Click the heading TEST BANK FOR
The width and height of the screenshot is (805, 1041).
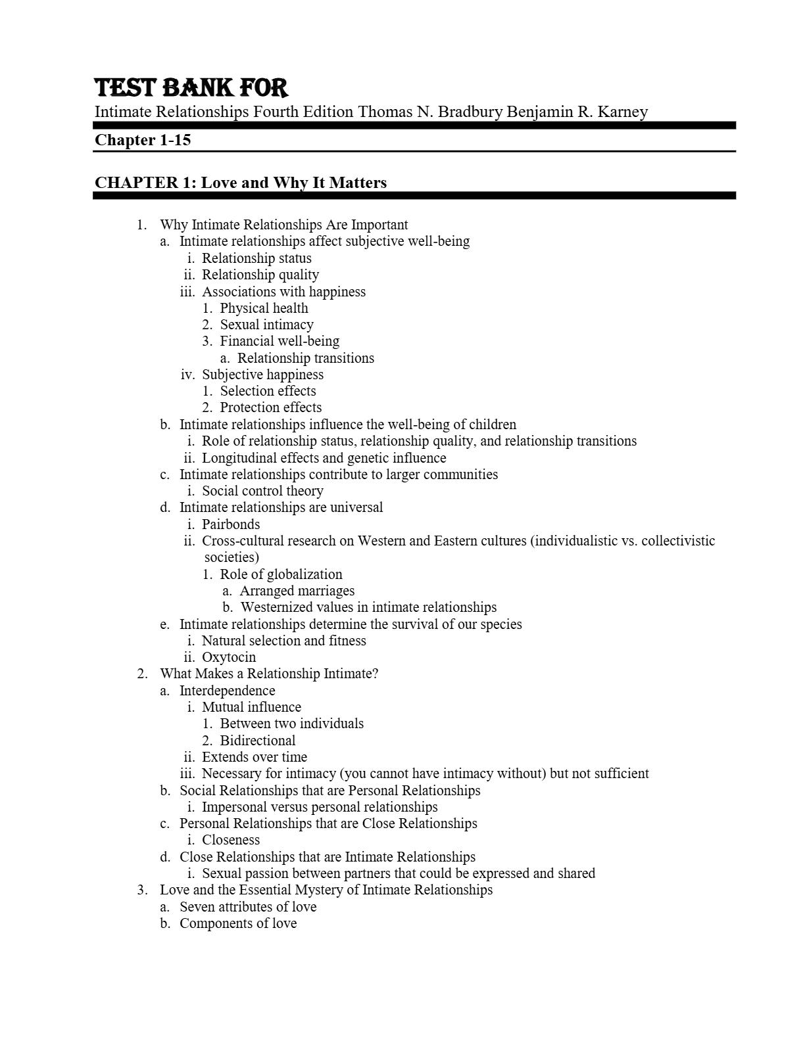pyautogui.click(x=191, y=88)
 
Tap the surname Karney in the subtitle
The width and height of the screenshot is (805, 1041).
pyautogui.click(x=622, y=112)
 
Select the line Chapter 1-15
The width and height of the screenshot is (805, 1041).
pyautogui.click(x=143, y=140)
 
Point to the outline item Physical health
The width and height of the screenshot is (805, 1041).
pyautogui.click(x=264, y=308)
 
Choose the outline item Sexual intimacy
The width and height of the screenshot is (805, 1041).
pyautogui.click(x=266, y=325)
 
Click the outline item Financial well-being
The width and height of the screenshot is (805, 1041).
pyautogui.click(x=280, y=341)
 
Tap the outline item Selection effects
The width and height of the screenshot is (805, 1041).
pyautogui.click(x=268, y=391)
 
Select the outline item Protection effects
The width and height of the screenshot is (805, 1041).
pyautogui.click(x=270, y=407)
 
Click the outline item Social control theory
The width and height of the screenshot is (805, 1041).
pyautogui.click(x=262, y=491)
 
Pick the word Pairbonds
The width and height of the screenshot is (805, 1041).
pyautogui.click(x=231, y=524)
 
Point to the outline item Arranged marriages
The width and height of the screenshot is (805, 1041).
pyautogui.click(x=297, y=591)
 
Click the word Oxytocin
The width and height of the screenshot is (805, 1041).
pyautogui.click(x=229, y=657)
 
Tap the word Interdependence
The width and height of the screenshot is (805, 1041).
pyautogui.click(x=227, y=691)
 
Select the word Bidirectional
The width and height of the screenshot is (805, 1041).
pyautogui.click(x=258, y=741)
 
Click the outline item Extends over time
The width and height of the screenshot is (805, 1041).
pyautogui.click(x=254, y=757)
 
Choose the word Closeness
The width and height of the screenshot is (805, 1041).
pyautogui.click(x=231, y=840)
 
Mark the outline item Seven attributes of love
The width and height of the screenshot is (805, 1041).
pyautogui.click(x=248, y=907)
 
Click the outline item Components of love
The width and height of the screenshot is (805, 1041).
pyautogui.click(x=238, y=923)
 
